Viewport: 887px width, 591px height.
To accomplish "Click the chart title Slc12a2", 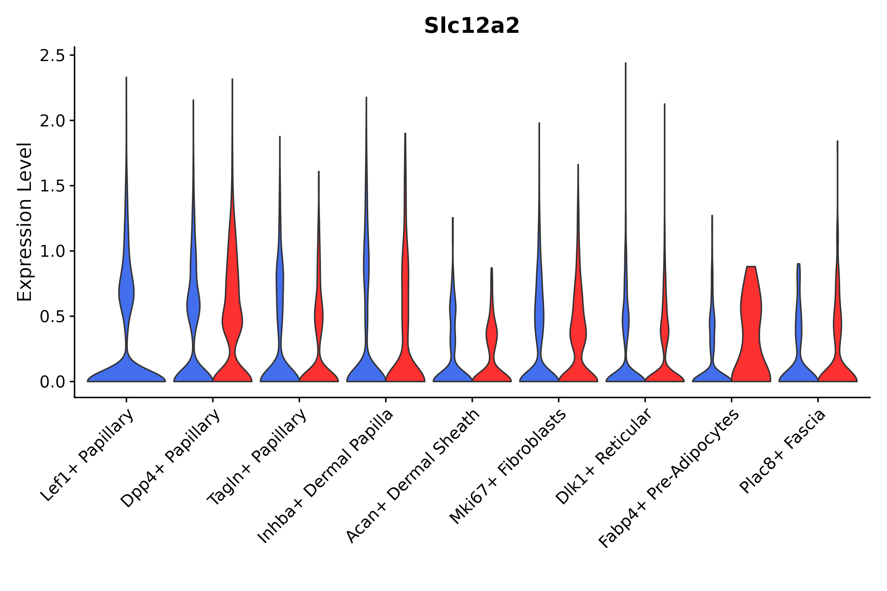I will pyautogui.click(x=471, y=26).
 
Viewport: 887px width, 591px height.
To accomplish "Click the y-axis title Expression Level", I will pyautogui.click(x=25, y=222).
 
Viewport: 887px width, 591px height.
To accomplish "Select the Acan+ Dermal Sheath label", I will pyautogui.click(x=413, y=476).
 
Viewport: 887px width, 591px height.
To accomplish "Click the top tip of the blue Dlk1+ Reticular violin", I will pyautogui.click(x=625, y=63).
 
